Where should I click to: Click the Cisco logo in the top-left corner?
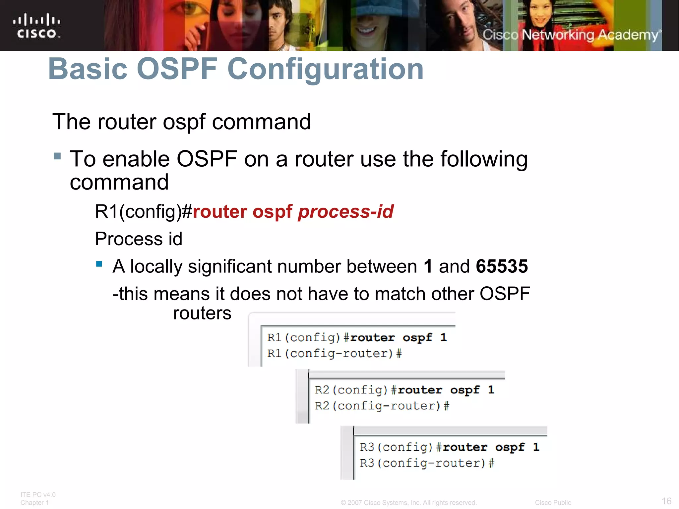pyautogui.click(x=36, y=26)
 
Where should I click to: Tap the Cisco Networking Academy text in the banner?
pyautogui.click(x=571, y=35)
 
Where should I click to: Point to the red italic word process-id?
pyautogui.click(x=345, y=211)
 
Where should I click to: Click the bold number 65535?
pyautogui.click(x=502, y=266)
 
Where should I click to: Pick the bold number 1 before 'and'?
pyautogui.click(x=428, y=266)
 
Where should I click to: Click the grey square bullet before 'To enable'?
pyautogui.click(x=57, y=156)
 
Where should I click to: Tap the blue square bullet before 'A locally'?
pyautogui.click(x=99, y=264)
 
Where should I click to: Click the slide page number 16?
pyautogui.click(x=666, y=501)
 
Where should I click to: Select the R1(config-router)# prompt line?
pyautogui.click(x=334, y=354)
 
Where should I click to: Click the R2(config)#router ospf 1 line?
pyautogui.click(x=404, y=390)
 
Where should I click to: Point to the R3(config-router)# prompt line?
pyautogui.click(x=427, y=463)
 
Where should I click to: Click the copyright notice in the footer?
pyautogui.click(x=408, y=503)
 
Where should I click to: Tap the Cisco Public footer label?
pyautogui.click(x=553, y=503)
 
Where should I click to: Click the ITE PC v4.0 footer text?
pyautogui.click(x=38, y=495)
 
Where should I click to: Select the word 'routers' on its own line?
pyautogui.click(x=202, y=313)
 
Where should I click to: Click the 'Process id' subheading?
pyautogui.click(x=139, y=239)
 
